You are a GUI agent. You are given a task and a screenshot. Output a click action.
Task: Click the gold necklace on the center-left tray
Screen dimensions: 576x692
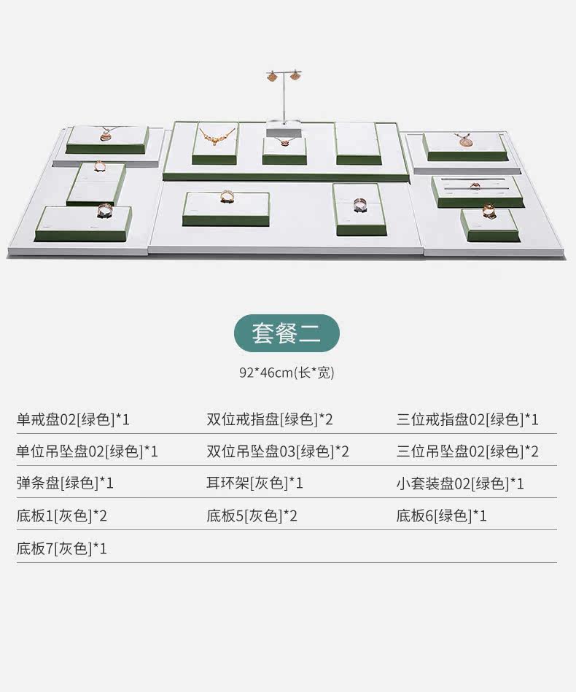[x=217, y=136]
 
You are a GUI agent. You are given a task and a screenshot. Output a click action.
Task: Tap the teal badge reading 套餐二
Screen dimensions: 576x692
[x=287, y=333]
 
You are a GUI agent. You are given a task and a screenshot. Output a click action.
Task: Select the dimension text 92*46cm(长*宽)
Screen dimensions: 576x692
[x=287, y=373]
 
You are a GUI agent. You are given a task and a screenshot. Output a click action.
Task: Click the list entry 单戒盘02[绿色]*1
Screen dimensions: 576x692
[x=74, y=419]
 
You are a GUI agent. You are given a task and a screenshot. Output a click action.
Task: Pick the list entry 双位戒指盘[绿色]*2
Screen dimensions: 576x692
[x=270, y=419]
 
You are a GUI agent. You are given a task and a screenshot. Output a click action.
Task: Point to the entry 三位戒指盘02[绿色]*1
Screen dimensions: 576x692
[x=467, y=419]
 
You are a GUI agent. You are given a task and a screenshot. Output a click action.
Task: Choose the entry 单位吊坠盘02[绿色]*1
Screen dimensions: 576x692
[x=87, y=451]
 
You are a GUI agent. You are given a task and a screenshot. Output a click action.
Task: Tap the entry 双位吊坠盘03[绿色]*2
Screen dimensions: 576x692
[x=278, y=451]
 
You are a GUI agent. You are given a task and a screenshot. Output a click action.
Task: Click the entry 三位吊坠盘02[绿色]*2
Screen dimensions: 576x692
[x=467, y=451]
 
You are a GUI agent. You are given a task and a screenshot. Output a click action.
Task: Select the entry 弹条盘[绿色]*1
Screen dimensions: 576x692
[x=65, y=483]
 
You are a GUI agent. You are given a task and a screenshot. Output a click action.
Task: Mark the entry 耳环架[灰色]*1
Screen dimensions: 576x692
[x=254, y=483]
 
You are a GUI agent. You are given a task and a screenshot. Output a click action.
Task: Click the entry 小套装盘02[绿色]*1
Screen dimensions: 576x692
[x=460, y=483]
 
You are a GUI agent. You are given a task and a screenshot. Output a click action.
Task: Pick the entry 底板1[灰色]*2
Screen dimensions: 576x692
[x=62, y=516]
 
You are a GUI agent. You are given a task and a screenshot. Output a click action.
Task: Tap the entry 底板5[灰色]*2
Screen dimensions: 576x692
[x=252, y=516]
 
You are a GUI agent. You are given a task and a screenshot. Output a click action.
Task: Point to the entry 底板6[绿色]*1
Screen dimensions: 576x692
[x=442, y=516]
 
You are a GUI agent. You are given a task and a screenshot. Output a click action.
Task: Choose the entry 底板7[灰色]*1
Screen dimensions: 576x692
[x=62, y=548]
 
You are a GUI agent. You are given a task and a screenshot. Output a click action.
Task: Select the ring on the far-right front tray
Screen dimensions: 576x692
[x=488, y=211]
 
